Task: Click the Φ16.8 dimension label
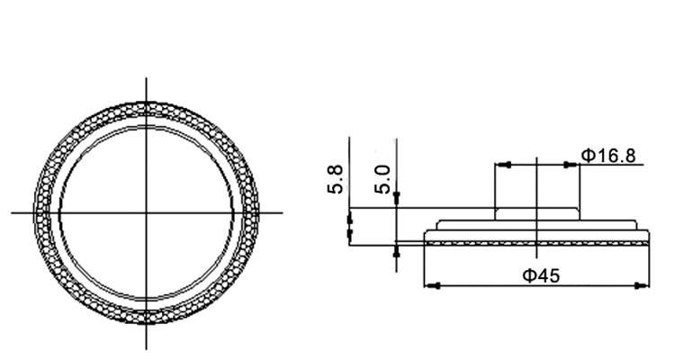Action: tap(607, 156)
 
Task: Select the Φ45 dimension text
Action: tap(541, 275)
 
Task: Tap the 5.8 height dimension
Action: tap(336, 179)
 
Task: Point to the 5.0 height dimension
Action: tap(382, 179)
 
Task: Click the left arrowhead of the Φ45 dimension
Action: tap(432, 285)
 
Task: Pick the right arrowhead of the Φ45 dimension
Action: tap(642, 285)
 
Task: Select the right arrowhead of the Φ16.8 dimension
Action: tap(571, 165)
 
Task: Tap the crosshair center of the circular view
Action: tap(147, 212)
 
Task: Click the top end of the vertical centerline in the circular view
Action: tap(147, 78)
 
